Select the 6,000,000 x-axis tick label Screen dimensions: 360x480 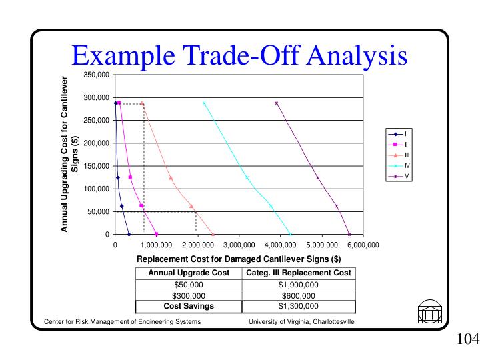coord(363,245)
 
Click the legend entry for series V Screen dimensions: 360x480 coord(397,177)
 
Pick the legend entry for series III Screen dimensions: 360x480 coord(397,155)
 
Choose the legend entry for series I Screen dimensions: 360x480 coord(397,133)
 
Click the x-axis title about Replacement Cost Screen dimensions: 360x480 coord(239,259)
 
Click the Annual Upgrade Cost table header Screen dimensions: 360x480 coord(189,273)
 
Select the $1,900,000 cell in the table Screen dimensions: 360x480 coord(298,285)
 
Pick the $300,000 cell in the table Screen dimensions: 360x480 coord(189,296)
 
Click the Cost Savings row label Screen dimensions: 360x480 coord(189,307)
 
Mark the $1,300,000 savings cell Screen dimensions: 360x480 coord(298,307)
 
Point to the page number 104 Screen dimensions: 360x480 coord(468,340)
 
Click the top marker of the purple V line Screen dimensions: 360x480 coord(277,103)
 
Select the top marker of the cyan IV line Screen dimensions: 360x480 coord(204,103)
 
